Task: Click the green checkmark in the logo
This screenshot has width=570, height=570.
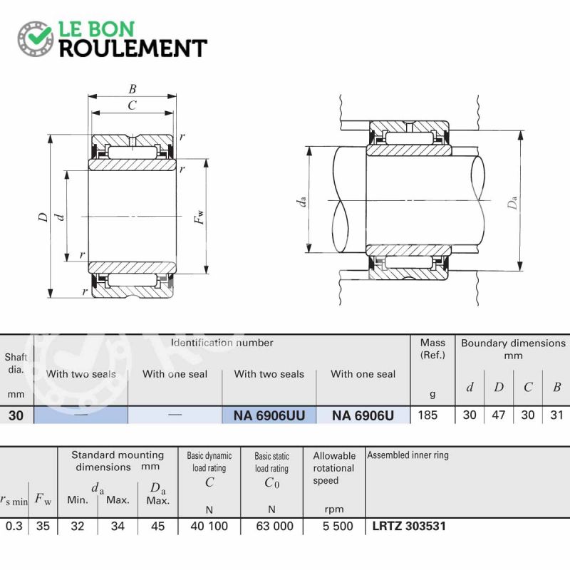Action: pos(40,34)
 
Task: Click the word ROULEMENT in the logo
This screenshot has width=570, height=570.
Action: pos(133,48)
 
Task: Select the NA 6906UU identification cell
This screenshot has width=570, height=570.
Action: pos(269,415)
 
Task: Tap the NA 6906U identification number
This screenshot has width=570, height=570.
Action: pos(363,415)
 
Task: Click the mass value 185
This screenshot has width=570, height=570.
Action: pos(427,415)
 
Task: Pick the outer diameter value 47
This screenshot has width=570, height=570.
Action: pos(498,415)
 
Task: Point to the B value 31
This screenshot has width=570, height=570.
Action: pos(556,415)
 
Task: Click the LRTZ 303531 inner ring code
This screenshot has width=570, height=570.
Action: pos(409,526)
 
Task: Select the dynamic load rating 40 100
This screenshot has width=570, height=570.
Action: pos(209,526)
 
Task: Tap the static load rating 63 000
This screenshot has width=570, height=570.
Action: pos(274,526)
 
